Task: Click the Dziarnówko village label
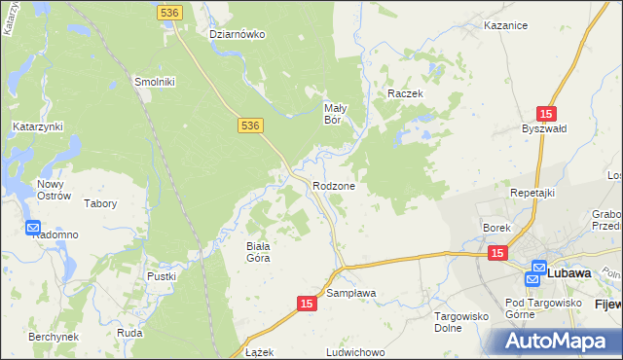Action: click(238, 34)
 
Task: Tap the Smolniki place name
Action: click(154, 82)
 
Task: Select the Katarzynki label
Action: click(38, 126)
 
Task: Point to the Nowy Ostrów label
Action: click(54, 190)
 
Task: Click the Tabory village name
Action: click(100, 204)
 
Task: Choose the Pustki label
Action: click(162, 276)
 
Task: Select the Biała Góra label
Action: click(257, 252)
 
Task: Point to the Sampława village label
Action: click(351, 292)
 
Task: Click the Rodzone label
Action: click(334, 185)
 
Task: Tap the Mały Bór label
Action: click(335, 114)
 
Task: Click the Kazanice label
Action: click(505, 26)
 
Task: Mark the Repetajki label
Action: click(532, 193)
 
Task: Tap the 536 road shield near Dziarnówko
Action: click(167, 11)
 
